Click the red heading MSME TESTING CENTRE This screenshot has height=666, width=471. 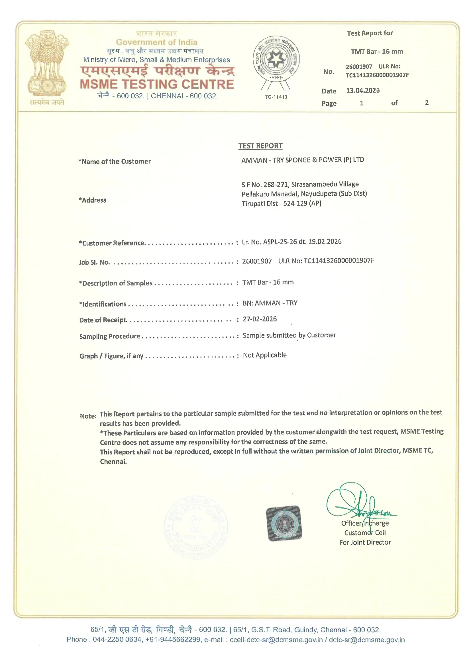[157, 84]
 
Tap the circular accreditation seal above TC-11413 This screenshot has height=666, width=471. [276, 60]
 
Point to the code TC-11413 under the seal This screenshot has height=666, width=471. [276, 97]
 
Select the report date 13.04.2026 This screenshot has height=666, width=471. [363, 91]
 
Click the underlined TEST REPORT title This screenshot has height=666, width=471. [260, 146]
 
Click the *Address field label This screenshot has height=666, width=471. [92, 200]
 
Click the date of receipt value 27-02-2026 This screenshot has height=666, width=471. [260, 319]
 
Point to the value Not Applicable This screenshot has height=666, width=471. [265, 355]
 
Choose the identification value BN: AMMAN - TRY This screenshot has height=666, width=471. [270, 303]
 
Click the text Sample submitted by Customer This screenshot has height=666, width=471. [289, 335]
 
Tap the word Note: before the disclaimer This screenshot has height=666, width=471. [88, 416]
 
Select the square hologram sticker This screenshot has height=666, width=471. [284, 524]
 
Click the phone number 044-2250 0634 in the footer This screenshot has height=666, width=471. [117, 640]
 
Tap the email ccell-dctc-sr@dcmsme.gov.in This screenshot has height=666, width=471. [276, 640]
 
